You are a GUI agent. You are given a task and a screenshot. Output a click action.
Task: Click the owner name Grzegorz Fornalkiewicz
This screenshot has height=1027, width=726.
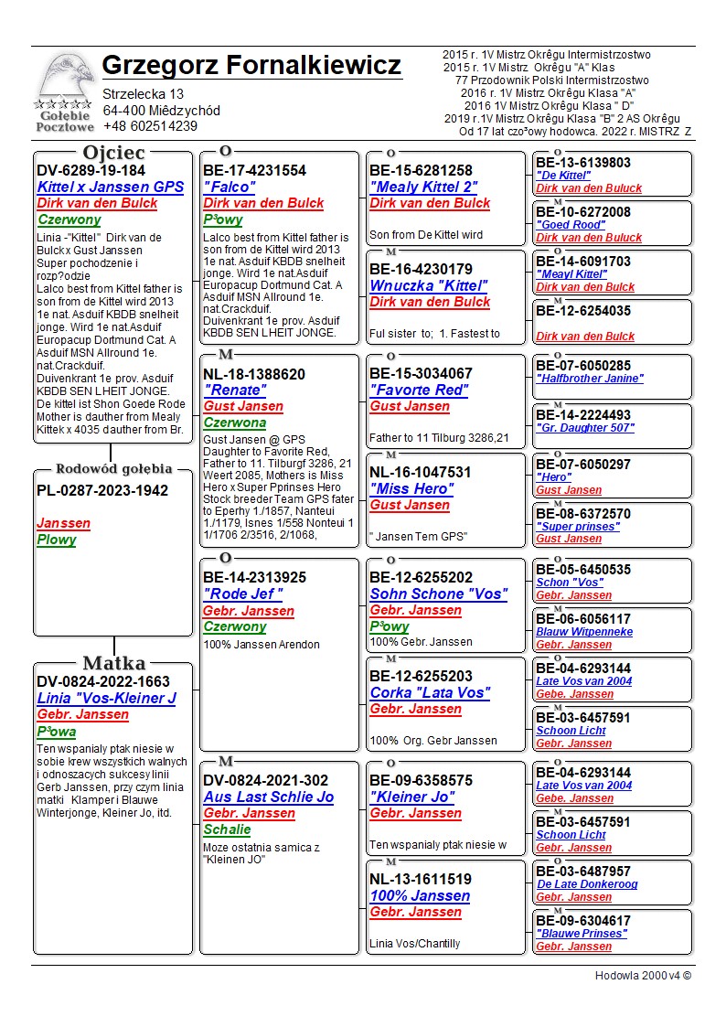coord(251,66)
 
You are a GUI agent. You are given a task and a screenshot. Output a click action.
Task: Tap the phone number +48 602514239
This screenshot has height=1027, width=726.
coord(150,126)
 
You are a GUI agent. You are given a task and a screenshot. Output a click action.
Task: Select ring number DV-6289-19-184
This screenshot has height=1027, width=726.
coord(91,170)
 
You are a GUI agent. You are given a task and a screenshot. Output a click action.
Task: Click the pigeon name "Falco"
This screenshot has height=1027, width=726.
coord(230,187)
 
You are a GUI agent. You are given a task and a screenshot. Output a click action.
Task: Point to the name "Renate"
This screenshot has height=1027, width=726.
coord(235,390)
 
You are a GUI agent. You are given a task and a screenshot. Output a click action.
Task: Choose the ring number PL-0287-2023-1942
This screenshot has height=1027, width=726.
coord(102,490)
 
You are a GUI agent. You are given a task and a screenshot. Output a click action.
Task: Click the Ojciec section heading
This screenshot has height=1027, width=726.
coord(113,153)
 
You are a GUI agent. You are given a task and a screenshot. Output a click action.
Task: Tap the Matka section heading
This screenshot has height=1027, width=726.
coord(113,663)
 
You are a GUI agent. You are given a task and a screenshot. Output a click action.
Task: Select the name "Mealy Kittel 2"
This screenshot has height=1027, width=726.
coord(423,187)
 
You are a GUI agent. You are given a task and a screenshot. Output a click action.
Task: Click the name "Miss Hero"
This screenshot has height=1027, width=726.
coord(411,489)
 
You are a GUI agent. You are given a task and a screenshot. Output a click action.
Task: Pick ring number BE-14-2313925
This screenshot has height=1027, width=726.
coord(254,578)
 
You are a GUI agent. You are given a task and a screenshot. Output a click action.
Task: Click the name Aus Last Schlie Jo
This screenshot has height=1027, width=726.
coord(268,797)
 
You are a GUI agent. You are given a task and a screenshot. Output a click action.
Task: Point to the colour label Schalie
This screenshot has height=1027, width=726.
coord(227,829)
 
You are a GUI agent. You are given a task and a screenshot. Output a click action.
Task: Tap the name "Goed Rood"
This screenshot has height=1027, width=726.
coord(571,225)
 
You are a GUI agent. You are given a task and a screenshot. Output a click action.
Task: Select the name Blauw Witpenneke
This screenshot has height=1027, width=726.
coord(584,632)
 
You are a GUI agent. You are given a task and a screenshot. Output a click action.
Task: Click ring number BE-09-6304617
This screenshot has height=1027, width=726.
coord(583,921)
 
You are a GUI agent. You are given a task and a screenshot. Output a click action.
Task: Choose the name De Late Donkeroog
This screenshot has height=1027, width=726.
coord(586,884)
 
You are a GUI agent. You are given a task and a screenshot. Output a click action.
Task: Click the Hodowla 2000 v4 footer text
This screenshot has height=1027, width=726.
coord(643,975)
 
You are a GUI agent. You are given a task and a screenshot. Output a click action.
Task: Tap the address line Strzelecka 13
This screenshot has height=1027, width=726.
coord(143,94)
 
